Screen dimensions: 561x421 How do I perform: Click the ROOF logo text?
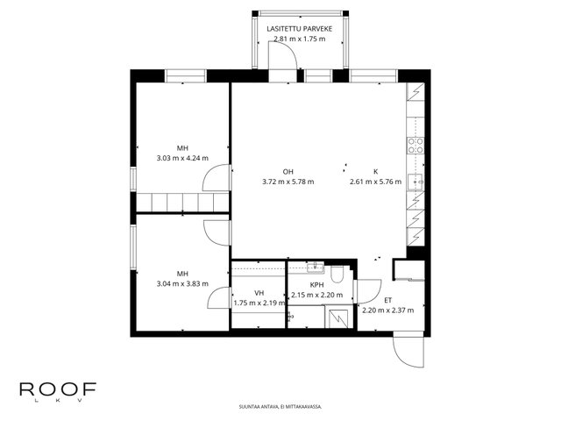[58, 389]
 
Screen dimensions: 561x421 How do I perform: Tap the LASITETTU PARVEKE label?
[300, 29]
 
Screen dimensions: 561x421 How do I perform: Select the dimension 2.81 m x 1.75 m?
[300, 39]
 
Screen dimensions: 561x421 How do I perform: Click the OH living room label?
[288, 172]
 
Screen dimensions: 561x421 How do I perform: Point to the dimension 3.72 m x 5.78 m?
[288, 182]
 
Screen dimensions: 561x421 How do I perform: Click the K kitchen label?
[376, 172]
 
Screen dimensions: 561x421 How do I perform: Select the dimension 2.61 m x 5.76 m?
[376, 182]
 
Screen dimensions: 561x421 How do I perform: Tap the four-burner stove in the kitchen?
[415, 146]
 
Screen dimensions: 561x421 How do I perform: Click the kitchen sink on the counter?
[415, 182]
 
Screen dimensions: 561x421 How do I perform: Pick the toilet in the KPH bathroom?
[337, 275]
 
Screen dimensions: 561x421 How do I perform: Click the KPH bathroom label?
[316, 285]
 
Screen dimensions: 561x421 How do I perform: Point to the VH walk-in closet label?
[259, 293]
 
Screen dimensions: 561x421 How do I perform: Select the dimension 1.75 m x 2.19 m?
[259, 303]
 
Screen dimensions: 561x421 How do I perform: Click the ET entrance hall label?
[387, 300]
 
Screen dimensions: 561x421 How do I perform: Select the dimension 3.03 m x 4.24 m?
[182, 158]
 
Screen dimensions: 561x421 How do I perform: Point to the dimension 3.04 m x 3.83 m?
[182, 284]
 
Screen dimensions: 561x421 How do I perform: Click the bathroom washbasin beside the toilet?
[316, 267]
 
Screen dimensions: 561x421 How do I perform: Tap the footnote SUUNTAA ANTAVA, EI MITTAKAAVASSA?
[280, 407]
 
